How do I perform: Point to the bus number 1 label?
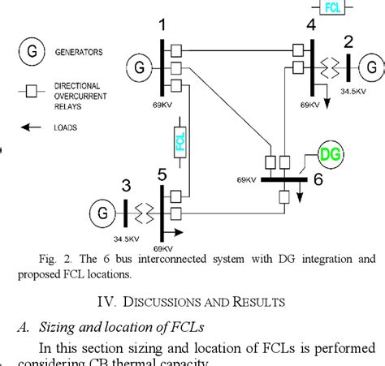[163, 27]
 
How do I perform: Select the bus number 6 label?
[318, 179]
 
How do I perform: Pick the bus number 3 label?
[124, 184]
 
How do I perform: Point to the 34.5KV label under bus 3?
[125, 239]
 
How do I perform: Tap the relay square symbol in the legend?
[32, 91]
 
